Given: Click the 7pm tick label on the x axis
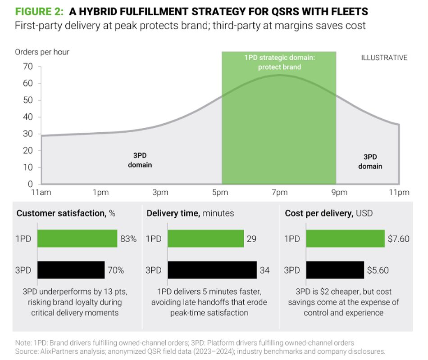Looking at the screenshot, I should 279,193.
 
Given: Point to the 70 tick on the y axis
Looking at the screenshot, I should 28,67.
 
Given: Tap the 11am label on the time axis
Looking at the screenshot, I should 41,193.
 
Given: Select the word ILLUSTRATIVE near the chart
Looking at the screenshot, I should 384,58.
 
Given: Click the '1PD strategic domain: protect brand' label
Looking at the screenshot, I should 279,63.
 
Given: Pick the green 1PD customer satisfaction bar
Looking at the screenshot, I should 77,238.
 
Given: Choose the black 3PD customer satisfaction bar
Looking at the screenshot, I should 71,270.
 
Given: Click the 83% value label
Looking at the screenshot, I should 128,239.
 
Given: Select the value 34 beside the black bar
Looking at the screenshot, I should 264,270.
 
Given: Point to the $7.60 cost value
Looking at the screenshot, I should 398,239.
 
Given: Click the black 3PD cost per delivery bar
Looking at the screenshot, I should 335,270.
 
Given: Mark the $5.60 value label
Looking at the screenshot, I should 377,270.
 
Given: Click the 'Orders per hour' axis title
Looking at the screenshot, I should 42,52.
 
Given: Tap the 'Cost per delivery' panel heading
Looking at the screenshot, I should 319,213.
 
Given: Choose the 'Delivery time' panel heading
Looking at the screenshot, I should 173,213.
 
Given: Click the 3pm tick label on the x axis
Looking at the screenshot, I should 160,193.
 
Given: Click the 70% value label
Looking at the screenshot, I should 115,270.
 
